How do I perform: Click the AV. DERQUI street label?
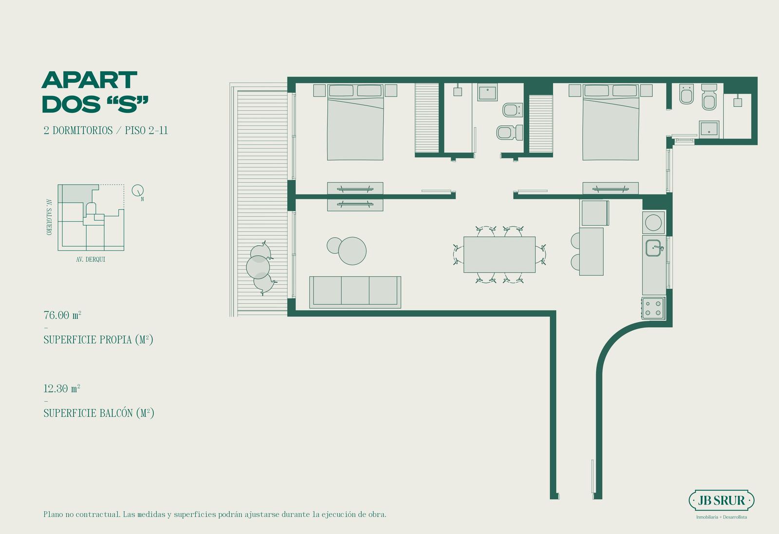click(91, 259)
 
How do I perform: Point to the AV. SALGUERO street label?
click(49, 217)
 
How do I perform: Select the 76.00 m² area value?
click(62, 315)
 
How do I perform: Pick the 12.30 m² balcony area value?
click(62, 388)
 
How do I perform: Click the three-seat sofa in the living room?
click(355, 292)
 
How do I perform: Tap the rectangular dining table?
click(500, 255)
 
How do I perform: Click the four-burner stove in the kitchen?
click(653, 308)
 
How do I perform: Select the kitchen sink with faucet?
click(654, 248)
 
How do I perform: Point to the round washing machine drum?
click(653, 222)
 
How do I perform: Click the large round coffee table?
click(352, 251)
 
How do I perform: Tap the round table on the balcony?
click(258, 267)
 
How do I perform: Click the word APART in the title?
click(90, 80)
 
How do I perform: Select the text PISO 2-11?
click(147, 130)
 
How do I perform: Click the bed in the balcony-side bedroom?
click(355, 122)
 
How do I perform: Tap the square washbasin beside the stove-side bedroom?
click(709, 129)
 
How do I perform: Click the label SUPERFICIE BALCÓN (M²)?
click(99, 413)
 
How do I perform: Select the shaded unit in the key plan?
click(75, 193)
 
